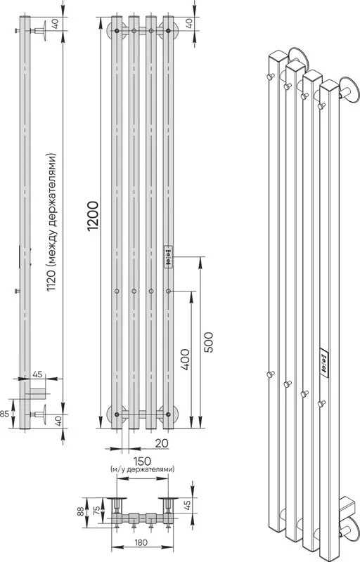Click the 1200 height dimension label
pyautogui.click(x=93, y=216)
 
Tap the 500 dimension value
pyautogui.click(x=208, y=343)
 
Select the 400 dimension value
pyautogui.click(x=185, y=359)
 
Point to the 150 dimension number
pyautogui.click(x=142, y=461)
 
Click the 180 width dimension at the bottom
pyautogui.click(x=141, y=542)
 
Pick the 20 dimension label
pyautogui.click(x=162, y=443)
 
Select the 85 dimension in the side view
pyautogui.click(x=4, y=414)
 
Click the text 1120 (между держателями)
pyautogui.click(x=51, y=223)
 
